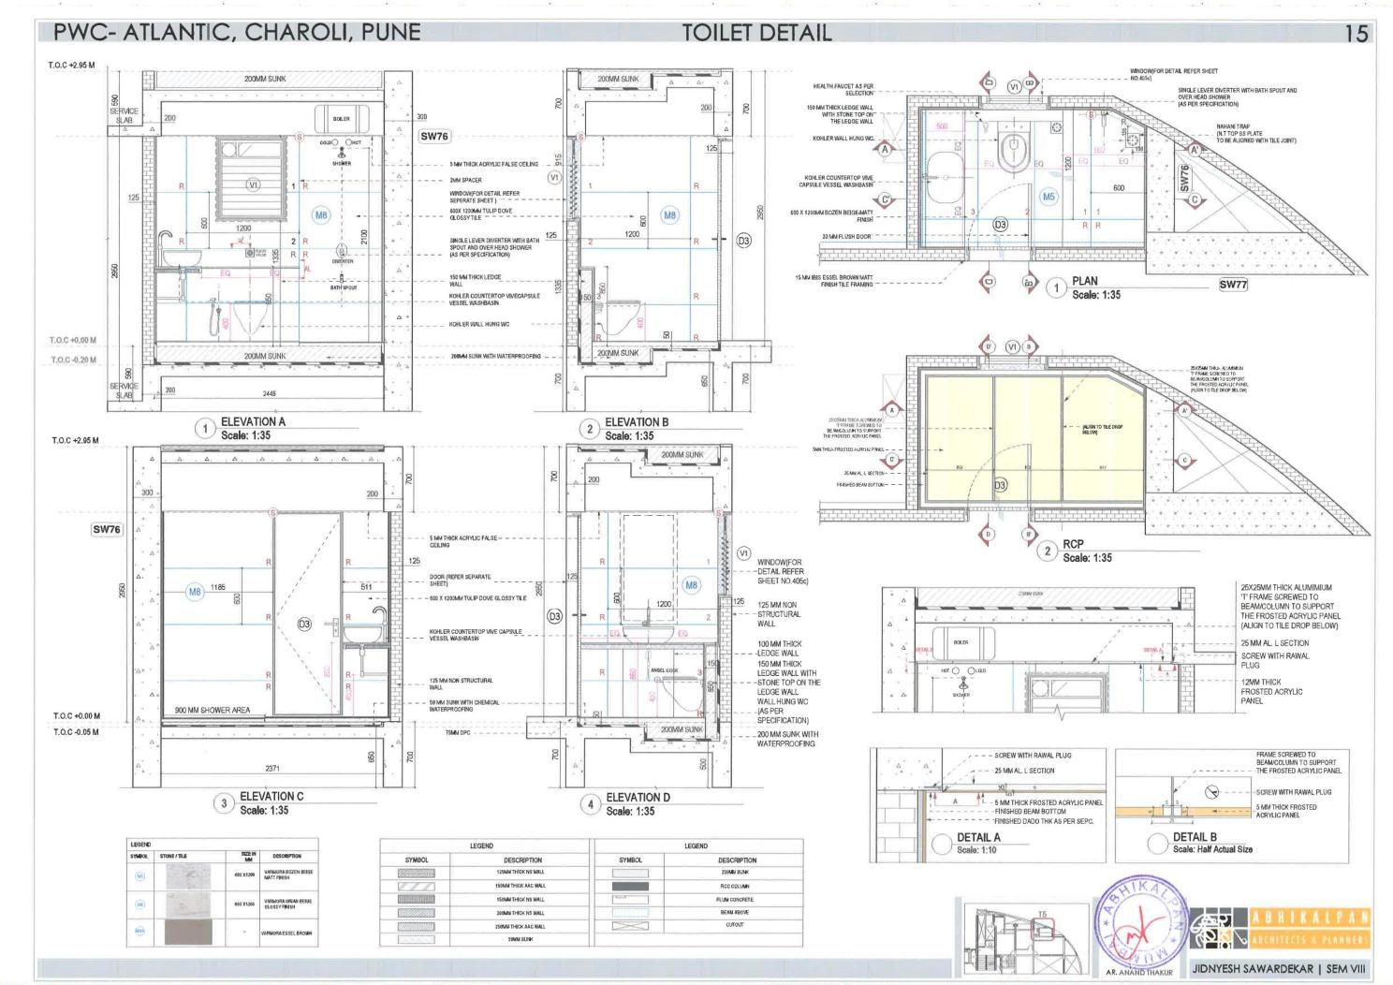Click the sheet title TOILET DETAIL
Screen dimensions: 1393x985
(x=756, y=33)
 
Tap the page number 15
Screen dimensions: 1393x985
(x=1356, y=34)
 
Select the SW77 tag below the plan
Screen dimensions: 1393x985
(x=1232, y=285)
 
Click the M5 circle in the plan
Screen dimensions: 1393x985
(x=1049, y=197)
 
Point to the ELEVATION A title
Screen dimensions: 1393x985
(x=253, y=422)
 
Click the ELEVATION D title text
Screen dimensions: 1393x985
(x=638, y=798)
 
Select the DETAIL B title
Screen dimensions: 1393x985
(x=1195, y=837)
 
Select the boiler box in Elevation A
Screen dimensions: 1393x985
(x=342, y=119)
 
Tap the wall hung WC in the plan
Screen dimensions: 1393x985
(x=1012, y=150)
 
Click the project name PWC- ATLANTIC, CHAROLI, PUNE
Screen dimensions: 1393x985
(x=237, y=33)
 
